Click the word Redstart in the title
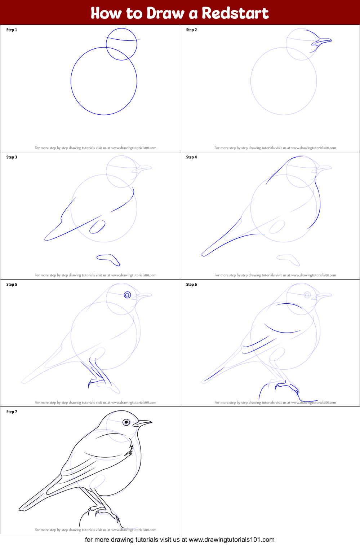235,13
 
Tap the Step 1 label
12,30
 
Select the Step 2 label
191,30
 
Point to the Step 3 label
12,157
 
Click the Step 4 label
191,157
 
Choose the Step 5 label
12,285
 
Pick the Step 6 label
191,285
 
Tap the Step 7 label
12,412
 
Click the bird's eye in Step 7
126,422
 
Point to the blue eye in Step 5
127,295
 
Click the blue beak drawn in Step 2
322,41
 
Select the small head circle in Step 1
121,44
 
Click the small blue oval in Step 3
97,227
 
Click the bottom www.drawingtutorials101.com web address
231,540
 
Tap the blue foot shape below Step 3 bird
108,258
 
